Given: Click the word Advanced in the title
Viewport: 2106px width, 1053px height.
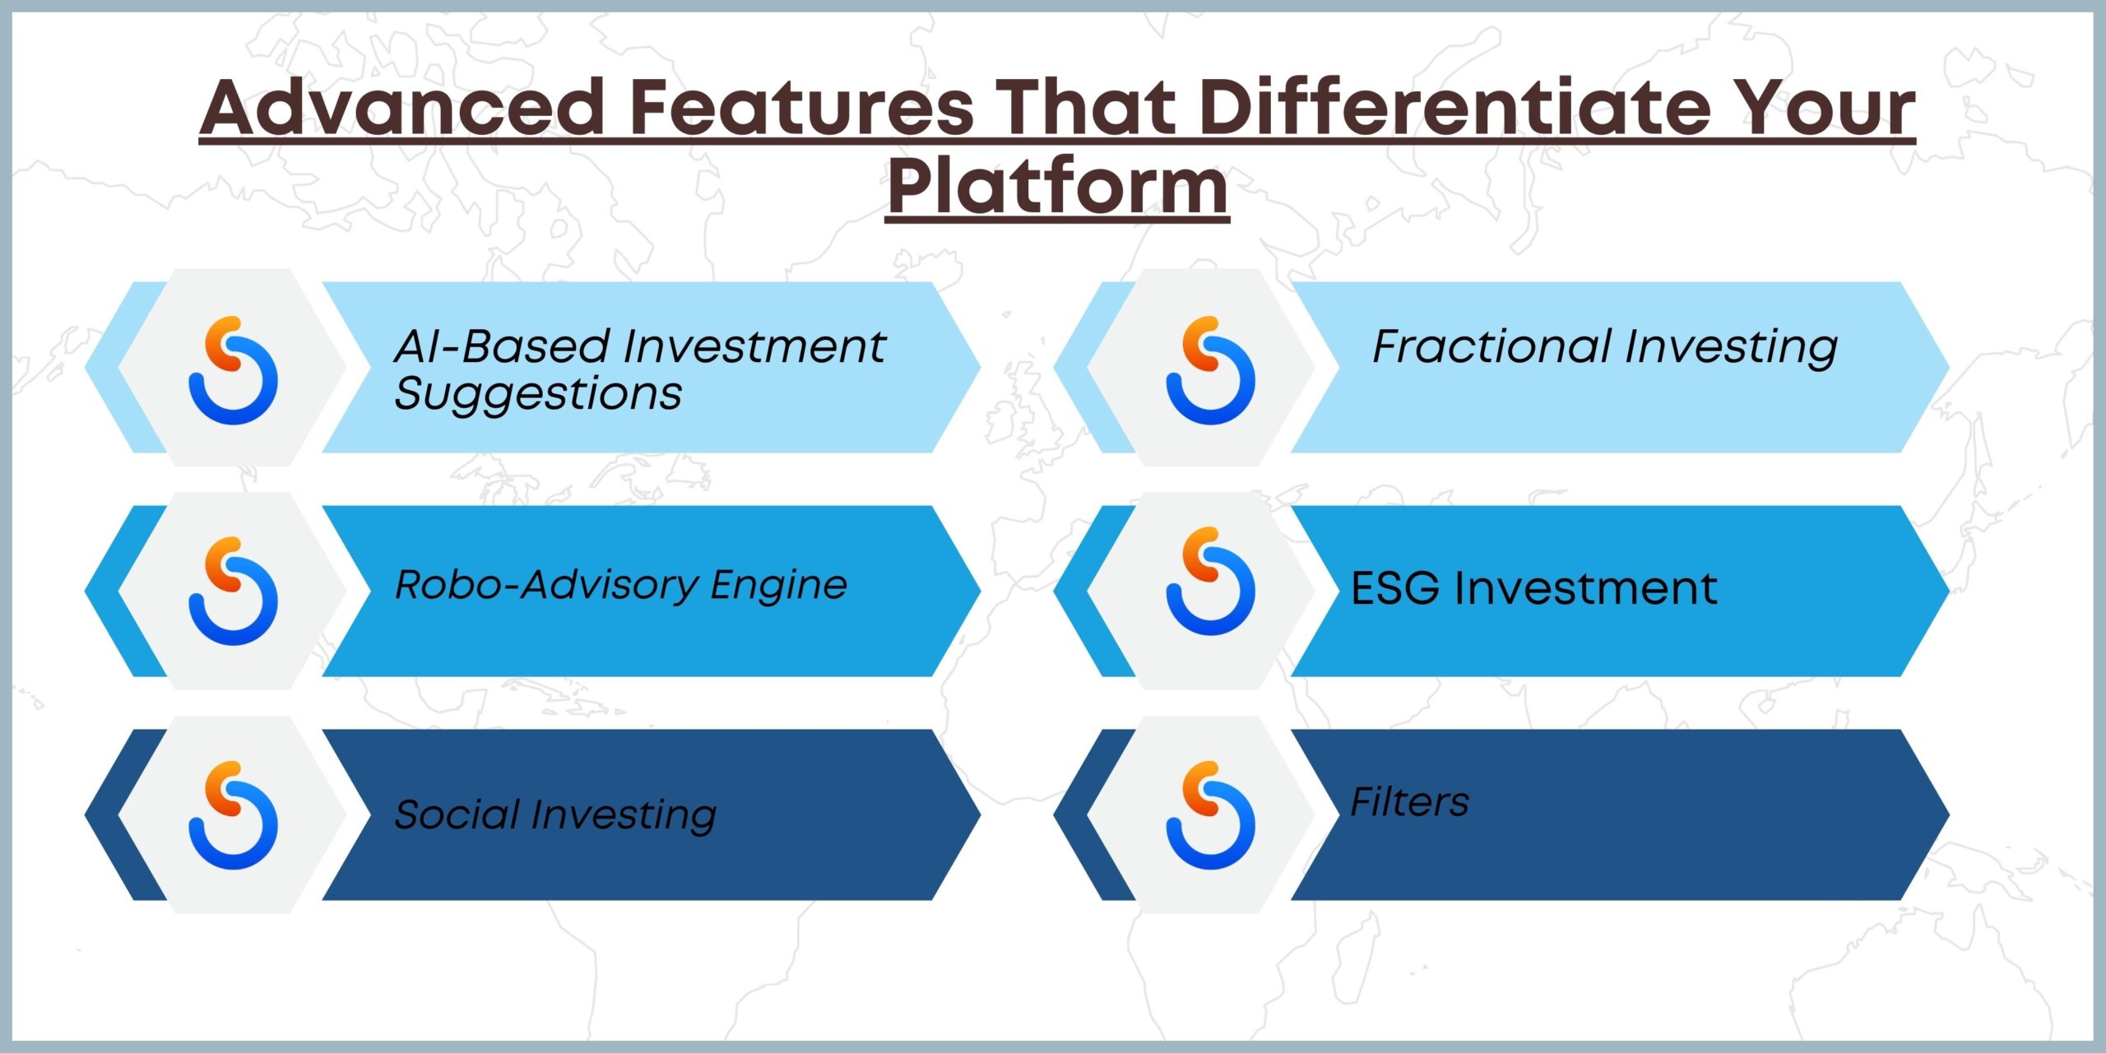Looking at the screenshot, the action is pos(403,107).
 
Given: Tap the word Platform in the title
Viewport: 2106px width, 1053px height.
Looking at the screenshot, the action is pos(1058,188).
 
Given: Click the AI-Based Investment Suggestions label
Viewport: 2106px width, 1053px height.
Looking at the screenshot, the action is pos(640,369).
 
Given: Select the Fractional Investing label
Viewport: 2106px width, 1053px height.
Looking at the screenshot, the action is pos(1605,347).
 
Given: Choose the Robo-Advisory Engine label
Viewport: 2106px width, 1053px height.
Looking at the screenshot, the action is pos(621,585).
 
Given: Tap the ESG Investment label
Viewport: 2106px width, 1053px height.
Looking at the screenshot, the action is pos(1534,588).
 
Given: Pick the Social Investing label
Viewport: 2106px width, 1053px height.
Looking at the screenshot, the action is pos(555,815).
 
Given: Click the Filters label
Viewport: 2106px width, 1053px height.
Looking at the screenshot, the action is pos(1410,802).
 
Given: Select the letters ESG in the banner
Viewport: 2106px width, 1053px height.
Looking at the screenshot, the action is pos(1395,588).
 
